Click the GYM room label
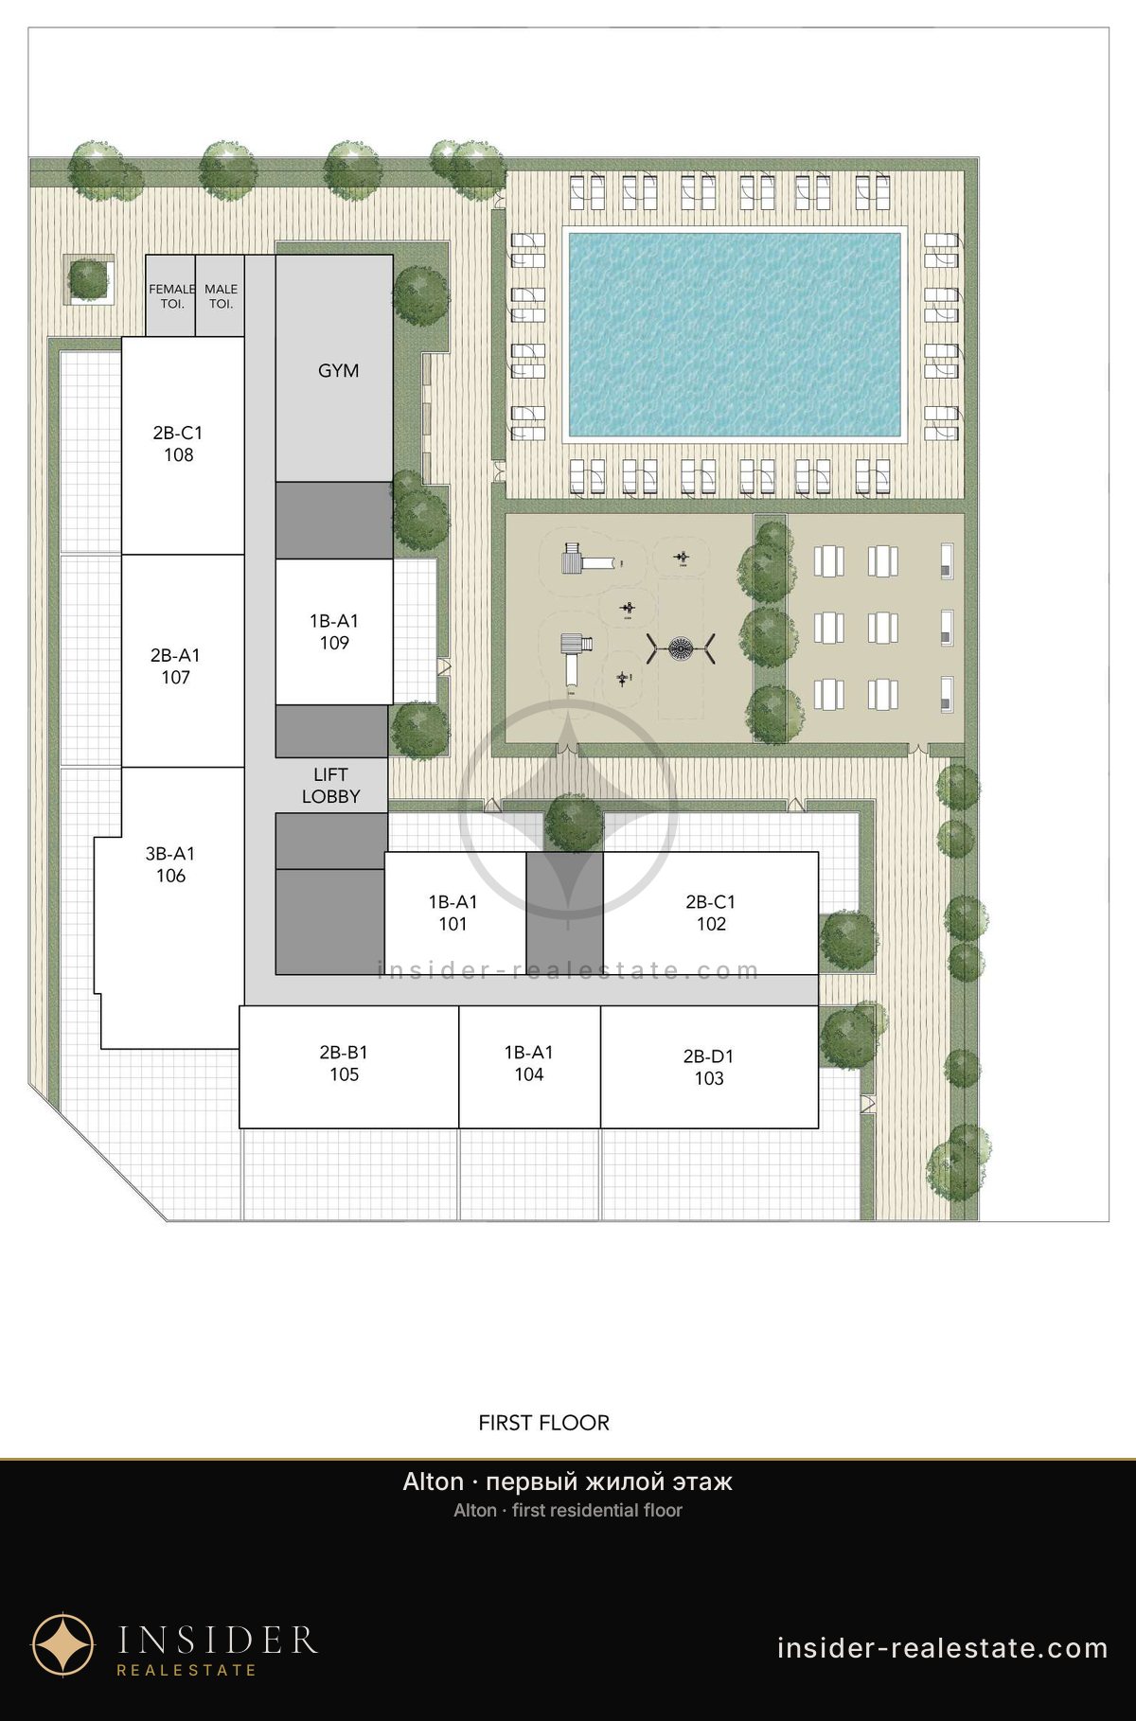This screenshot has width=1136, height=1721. pos(338,370)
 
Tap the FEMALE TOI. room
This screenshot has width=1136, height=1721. pos(170,295)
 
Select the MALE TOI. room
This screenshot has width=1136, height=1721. pos(221,295)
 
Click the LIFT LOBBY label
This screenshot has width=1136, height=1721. pos(330,786)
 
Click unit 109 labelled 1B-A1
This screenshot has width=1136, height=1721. pos(334,631)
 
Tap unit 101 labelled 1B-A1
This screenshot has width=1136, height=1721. pos(454,913)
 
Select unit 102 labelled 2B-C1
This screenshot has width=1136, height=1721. pos(710,913)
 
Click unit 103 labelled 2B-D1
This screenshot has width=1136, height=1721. pos(709,1067)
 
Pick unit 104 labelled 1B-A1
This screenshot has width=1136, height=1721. pos(529,1067)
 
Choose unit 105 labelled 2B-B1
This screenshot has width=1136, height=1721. pos(348,1067)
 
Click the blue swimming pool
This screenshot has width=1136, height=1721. pos(734,334)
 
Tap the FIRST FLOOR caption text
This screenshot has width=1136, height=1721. pos(544,1422)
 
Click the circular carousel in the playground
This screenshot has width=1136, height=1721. pos(682,648)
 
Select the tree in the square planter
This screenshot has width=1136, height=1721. pos(89,279)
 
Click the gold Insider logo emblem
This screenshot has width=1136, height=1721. pos(63,1645)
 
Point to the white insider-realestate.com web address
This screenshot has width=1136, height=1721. pos(943,1648)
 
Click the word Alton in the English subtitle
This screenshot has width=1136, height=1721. pos(475,1510)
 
